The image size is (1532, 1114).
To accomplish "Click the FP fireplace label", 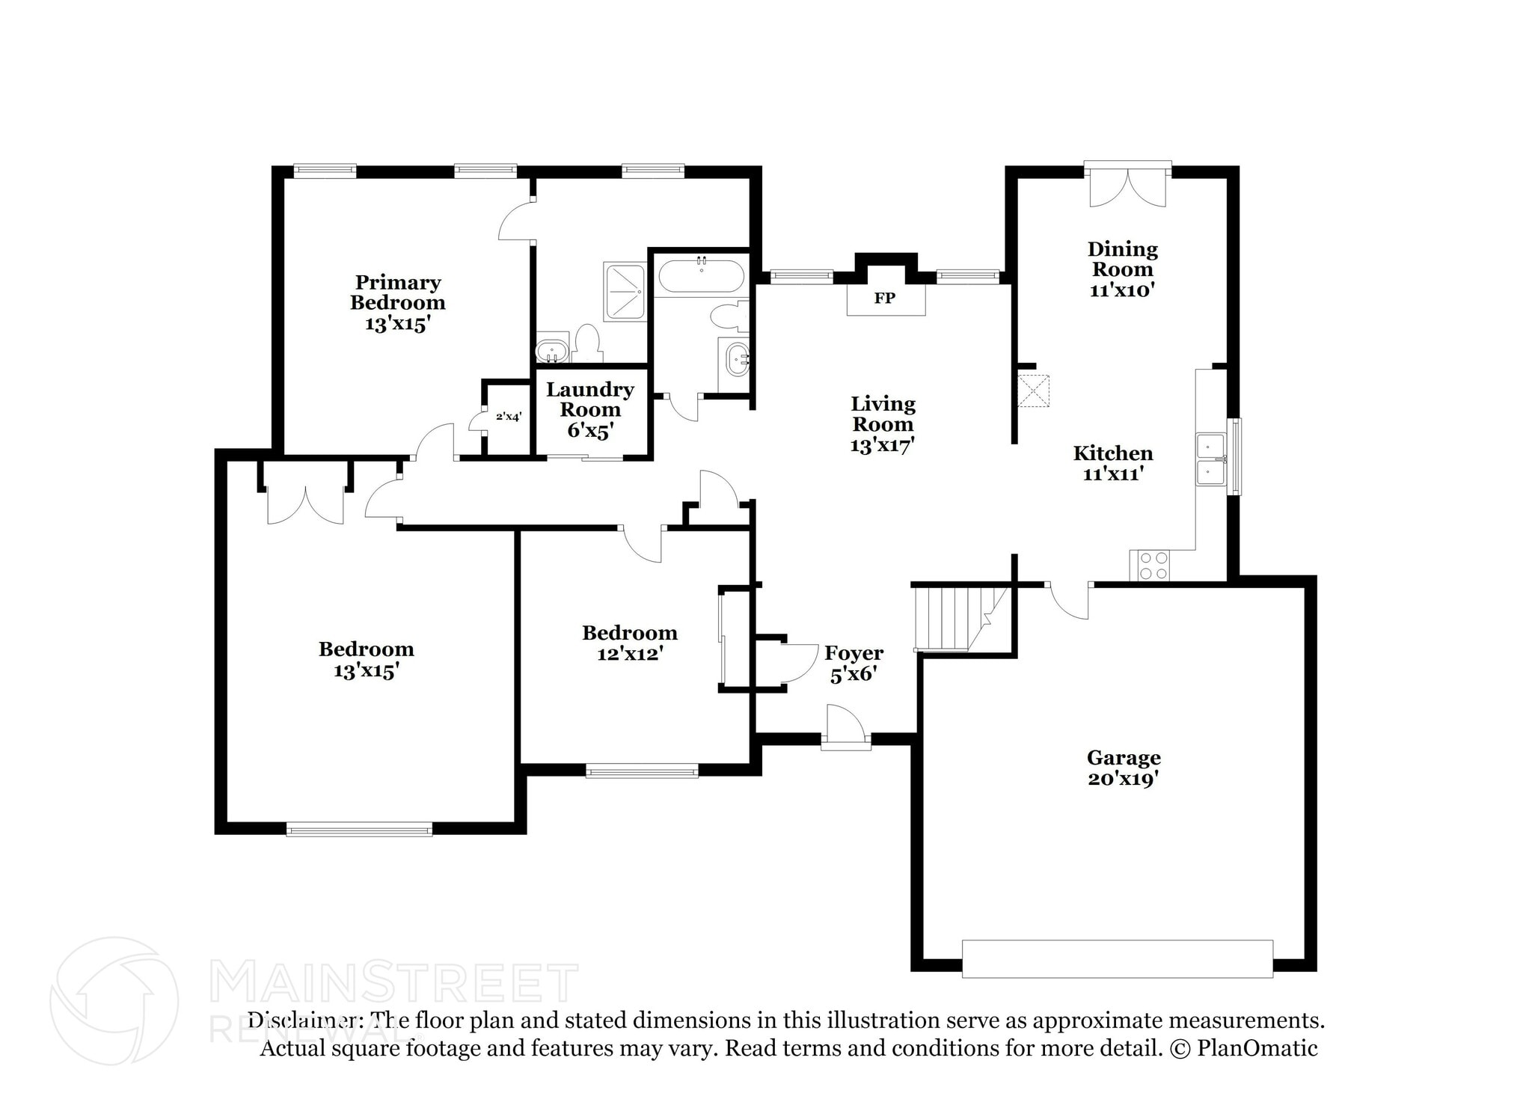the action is pos(884,299).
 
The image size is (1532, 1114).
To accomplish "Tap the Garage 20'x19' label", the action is pos(1124,768).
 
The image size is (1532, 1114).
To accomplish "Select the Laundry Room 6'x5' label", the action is pos(589,410).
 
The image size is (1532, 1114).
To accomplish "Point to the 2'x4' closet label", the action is pos(508,416).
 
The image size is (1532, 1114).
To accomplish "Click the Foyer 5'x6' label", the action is pos(854,664).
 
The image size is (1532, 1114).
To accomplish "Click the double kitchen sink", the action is pos(1210,459).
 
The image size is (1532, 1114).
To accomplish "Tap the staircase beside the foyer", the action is pos(960,619).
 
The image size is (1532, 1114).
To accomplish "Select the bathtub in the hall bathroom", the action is pos(701,275).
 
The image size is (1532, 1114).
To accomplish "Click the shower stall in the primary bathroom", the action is pos(624,290).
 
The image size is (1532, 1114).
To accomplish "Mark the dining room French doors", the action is pos(1127,184).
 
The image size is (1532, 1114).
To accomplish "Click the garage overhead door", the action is pos(1117,958).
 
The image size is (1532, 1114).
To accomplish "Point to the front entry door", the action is pos(846,726).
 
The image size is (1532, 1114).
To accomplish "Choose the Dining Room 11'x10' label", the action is pos(1122,269).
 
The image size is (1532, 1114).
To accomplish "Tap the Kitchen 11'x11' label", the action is pos(1113,463).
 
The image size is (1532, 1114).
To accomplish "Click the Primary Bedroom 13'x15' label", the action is pos(397,303).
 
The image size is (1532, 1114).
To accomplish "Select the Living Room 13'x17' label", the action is pos(883,424).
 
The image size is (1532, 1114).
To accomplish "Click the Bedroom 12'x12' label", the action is pos(630,643).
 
